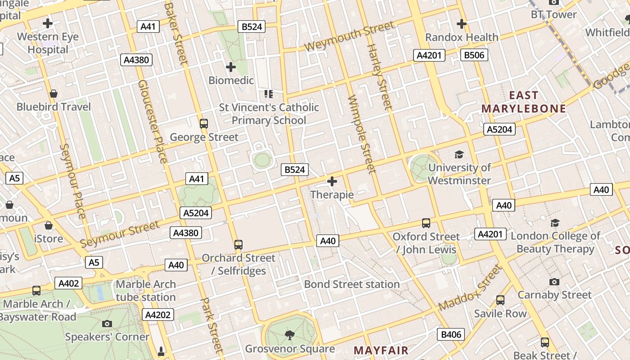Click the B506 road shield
tap(474, 55)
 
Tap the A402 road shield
tap(68, 283)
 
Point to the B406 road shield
tap(451, 334)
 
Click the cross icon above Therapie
tap(332, 181)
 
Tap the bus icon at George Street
tap(204, 123)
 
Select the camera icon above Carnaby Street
tap(554, 282)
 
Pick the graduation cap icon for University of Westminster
tap(459, 154)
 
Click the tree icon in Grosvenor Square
tap(289, 335)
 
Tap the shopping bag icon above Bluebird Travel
tap(54, 94)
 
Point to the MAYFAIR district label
tap(381, 350)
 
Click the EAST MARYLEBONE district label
tap(524, 102)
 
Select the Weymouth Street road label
tap(349, 36)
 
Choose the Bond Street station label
tap(351, 284)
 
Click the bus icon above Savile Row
tap(500, 300)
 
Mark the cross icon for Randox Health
tap(461, 23)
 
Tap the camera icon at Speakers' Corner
tap(107, 324)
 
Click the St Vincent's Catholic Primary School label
tap(269, 114)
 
